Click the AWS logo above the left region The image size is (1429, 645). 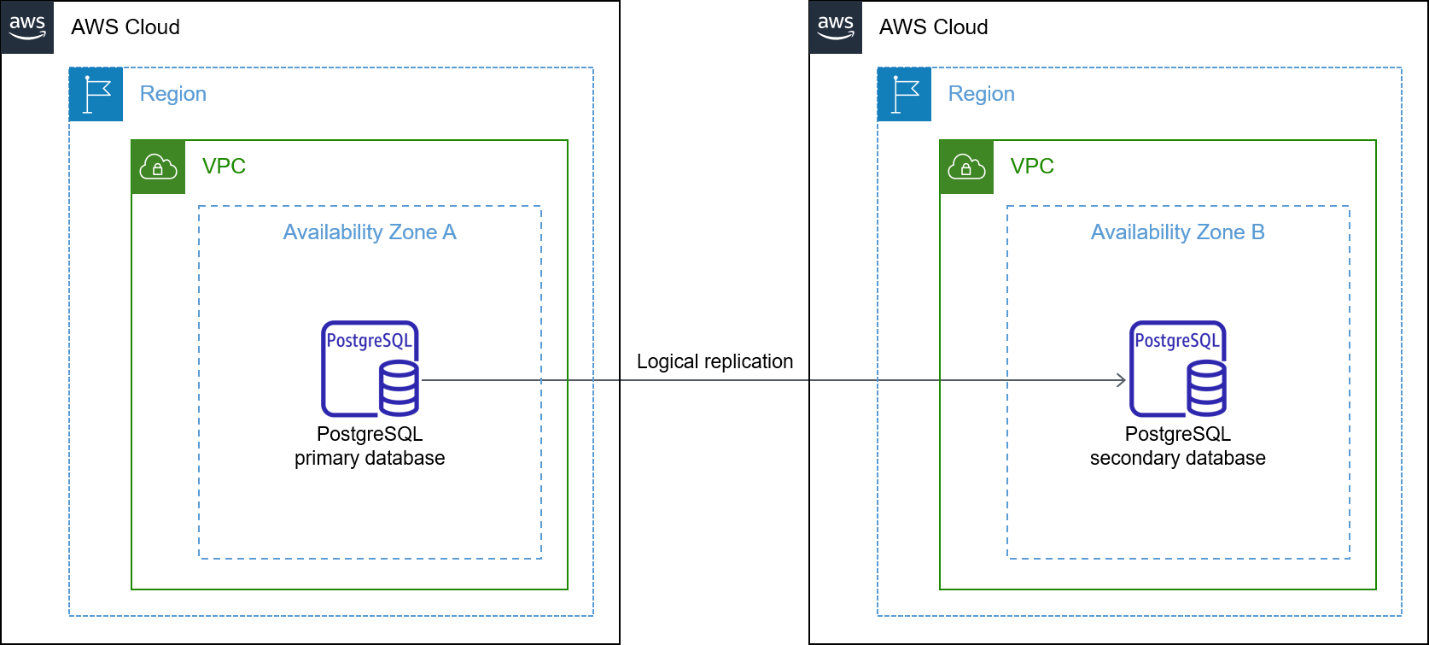click(x=27, y=26)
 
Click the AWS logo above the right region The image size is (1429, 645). click(x=836, y=26)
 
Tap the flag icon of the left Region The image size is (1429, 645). click(x=96, y=94)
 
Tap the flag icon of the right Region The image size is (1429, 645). click(x=904, y=94)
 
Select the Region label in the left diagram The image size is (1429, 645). click(x=172, y=94)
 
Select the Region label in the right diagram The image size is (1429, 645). click(x=981, y=94)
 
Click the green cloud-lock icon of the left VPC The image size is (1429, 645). click(x=158, y=167)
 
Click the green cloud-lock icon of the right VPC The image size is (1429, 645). click(x=966, y=167)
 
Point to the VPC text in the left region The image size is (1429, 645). click(x=224, y=166)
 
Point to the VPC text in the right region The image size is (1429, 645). click(x=1032, y=166)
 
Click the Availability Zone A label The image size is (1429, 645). click(x=370, y=232)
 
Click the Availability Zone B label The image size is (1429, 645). click(x=1177, y=232)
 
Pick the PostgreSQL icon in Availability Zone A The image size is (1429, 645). click(x=370, y=369)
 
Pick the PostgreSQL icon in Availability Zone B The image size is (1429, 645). click(x=1178, y=369)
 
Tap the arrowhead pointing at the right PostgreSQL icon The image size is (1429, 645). click(x=1122, y=380)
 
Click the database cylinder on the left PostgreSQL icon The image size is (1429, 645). click(x=399, y=389)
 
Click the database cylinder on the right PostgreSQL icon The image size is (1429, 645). click(x=1207, y=389)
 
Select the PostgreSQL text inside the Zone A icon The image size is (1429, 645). click(x=369, y=341)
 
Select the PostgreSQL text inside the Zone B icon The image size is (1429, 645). click(x=1177, y=341)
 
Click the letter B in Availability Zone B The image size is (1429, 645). click(x=1257, y=232)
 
